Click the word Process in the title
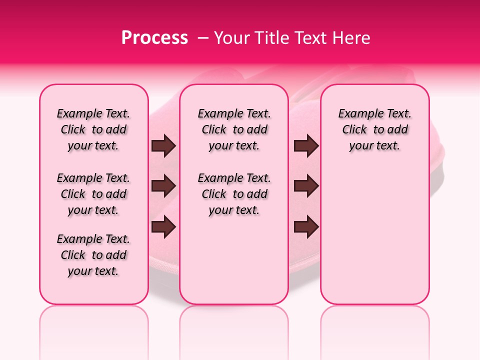(154, 38)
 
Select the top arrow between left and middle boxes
(163, 146)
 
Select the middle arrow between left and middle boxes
(163, 186)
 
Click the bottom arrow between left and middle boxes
(163, 226)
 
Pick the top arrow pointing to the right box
(306, 146)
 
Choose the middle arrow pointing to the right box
(306, 186)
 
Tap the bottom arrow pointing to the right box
(306, 226)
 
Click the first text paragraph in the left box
(93, 129)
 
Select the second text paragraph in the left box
(93, 194)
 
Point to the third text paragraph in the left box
(93, 255)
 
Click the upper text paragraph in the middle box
(234, 129)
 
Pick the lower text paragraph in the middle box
(234, 194)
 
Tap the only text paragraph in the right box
(375, 129)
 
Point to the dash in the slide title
(203, 38)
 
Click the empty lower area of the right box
(375, 235)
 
